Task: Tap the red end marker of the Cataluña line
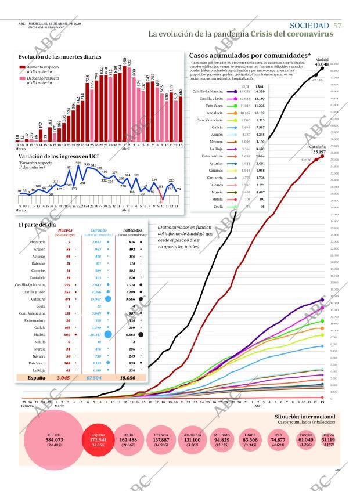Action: pyautogui.click(x=323, y=156)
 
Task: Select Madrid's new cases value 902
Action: pyautogui.click(x=67, y=334)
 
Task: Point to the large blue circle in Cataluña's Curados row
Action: pyautogui.click(x=107, y=298)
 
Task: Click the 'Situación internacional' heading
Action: pyautogui.click(x=305, y=417)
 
